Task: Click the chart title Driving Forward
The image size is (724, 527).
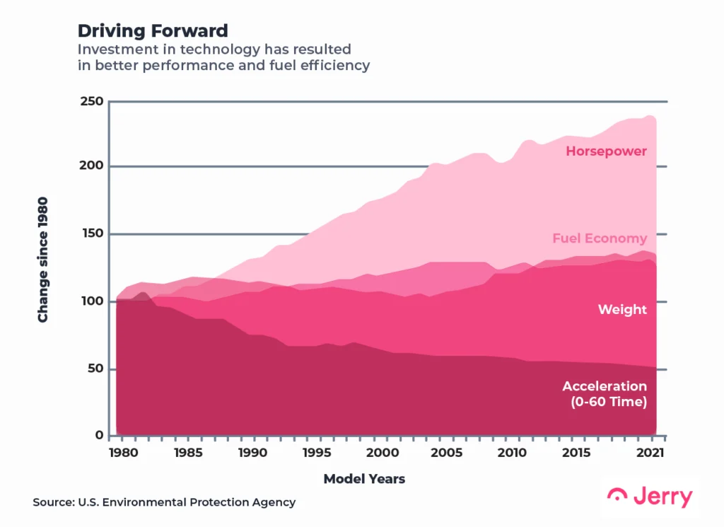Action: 153,30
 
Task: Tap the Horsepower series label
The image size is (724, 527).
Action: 606,151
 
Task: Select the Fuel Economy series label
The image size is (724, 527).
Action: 600,238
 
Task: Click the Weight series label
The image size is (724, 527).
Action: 622,309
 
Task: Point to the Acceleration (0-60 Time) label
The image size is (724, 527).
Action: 605,394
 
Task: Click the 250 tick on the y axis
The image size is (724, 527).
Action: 92,101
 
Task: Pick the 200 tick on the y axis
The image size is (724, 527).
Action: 92,166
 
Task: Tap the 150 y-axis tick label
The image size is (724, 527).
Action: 92,234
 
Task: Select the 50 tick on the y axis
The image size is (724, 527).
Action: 95,369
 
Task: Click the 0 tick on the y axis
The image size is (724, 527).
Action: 100,436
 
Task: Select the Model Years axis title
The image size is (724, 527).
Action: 364,479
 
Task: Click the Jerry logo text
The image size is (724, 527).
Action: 662,497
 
